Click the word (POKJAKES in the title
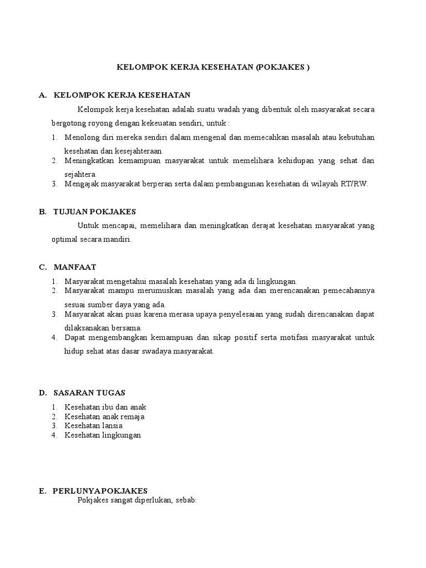[279, 67]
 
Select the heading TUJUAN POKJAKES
[94, 211]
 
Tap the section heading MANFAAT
[75, 267]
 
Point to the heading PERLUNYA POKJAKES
[100, 490]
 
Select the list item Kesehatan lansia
[93, 425]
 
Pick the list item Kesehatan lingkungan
[103, 435]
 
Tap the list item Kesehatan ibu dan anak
[105, 407]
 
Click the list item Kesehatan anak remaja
[105, 416]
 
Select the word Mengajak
[80, 184]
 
